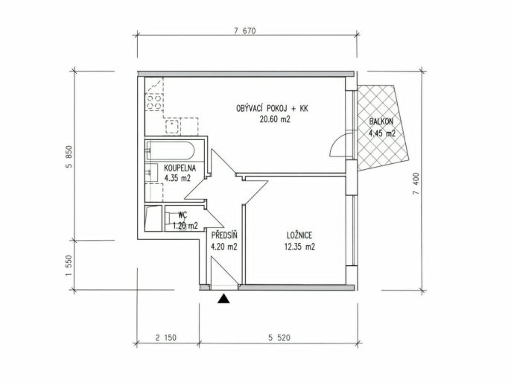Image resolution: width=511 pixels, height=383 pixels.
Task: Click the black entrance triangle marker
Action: [x=223, y=299]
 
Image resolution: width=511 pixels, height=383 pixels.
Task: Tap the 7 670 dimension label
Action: [x=245, y=31]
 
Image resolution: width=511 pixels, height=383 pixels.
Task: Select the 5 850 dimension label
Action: [x=69, y=156]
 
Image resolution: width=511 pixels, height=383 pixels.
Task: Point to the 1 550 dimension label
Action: [x=69, y=266]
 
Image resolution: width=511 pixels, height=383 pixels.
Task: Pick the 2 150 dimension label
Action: [x=166, y=338]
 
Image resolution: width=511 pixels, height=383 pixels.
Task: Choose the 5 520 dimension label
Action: [x=279, y=338]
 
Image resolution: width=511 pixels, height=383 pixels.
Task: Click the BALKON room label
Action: [x=381, y=121]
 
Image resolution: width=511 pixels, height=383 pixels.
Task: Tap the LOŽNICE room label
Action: [x=299, y=235]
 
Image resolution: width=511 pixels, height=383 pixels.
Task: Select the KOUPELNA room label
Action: [x=180, y=168]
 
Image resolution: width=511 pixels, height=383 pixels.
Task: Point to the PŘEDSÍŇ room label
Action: [x=224, y=235]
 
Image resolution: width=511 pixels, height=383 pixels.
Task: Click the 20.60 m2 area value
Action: [x=275, y=119]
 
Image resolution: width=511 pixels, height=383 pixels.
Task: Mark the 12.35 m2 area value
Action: [x=299, y=247]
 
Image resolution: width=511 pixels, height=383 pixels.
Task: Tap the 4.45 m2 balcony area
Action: [x=382, y=133]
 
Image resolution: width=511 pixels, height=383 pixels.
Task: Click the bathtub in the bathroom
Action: [x=171, y=151]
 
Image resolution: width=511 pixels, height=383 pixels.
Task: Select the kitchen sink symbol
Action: [x=172, y=127]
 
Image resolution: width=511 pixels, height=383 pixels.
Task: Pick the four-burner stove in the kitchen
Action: [x=154, y=101]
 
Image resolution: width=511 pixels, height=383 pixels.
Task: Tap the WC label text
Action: [x=182, y=215]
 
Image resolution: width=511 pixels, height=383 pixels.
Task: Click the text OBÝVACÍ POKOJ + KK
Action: [x=272, y=108]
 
